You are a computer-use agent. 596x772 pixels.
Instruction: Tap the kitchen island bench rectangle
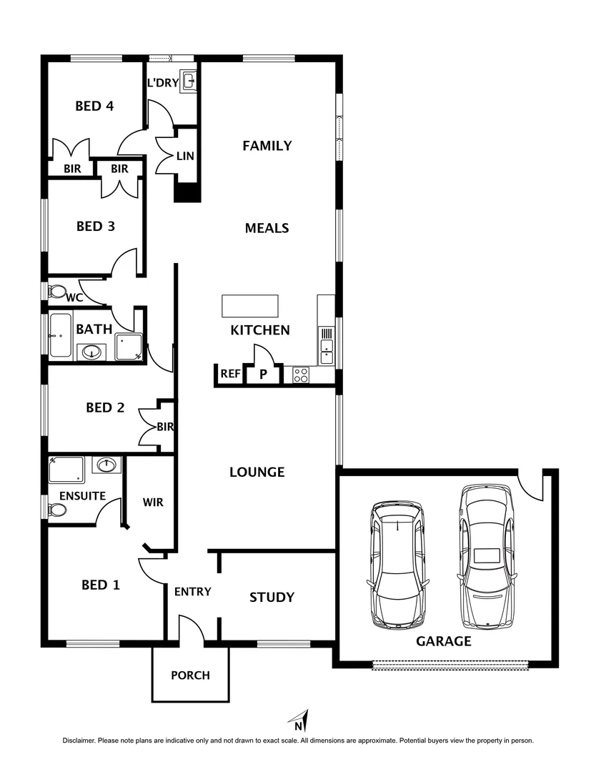tap(250, 305)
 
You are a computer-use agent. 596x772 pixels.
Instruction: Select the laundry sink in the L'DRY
tap(188, 80)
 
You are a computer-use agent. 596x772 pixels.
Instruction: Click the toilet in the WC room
tap(56, 292)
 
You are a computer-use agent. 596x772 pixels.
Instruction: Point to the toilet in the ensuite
tap(56, 510)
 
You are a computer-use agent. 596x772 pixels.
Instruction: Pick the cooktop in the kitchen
tap(301, 375)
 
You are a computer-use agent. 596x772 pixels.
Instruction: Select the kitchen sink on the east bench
tap(326, 349)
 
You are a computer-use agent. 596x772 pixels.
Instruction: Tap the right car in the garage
tap(487, 556)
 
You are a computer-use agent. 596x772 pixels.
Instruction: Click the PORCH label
tap(190, 675)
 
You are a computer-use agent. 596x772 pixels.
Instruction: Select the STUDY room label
tap(272, 597)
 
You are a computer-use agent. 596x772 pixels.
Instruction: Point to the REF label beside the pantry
tap(229, 374)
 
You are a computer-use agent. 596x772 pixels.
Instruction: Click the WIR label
tap(153, 503)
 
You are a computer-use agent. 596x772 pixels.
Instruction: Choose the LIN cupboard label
tap(185, 155)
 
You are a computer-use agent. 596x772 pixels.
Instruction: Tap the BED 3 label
tap(96, 227)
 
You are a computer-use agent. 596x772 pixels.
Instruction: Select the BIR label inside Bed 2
tap(166, 427)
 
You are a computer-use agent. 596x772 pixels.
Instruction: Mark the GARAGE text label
tap(443, 641)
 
